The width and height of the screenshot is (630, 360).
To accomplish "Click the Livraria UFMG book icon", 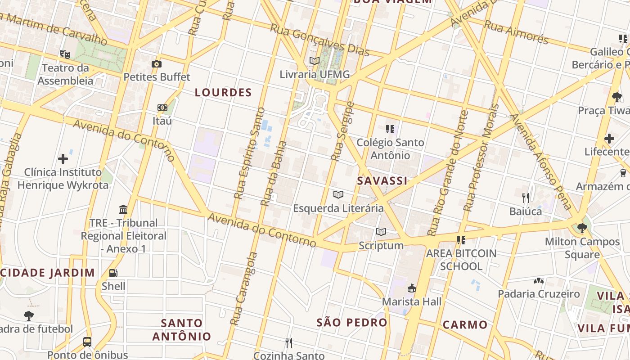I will (x=314, y=61).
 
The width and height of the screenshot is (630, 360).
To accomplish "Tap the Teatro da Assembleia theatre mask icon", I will (x=65, y=54).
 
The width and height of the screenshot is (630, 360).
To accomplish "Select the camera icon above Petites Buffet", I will (x=157, y=64).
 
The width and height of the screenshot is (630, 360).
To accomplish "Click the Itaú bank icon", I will (x=162, y=108).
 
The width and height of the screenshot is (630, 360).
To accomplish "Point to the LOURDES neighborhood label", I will (x=223, y=93).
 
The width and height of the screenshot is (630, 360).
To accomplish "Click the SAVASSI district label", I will (x=382, y=181).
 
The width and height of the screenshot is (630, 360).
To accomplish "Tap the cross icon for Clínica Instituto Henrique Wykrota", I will (x=63, y=158).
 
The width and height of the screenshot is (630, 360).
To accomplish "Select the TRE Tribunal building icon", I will (x=123, y=209).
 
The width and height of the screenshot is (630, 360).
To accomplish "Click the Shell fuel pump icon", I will (x=113, y=273).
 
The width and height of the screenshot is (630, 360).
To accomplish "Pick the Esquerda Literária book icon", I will (x=338, y=194).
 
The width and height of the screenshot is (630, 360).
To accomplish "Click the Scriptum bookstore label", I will (x=381, y=246).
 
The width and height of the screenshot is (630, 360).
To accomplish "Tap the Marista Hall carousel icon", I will (x=411, y=288).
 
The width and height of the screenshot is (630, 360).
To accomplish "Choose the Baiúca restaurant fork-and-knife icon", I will (x=525, y=197).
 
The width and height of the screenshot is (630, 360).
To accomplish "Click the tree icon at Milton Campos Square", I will (x=582, y=228).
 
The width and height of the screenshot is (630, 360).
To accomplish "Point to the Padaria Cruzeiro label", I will (x=539, y=294).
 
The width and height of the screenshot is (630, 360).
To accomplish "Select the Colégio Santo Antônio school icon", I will (x=390, y=129).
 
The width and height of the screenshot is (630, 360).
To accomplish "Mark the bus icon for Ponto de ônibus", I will (x=87, y=342).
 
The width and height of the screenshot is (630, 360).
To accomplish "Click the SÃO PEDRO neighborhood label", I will (x=351, y=322).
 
